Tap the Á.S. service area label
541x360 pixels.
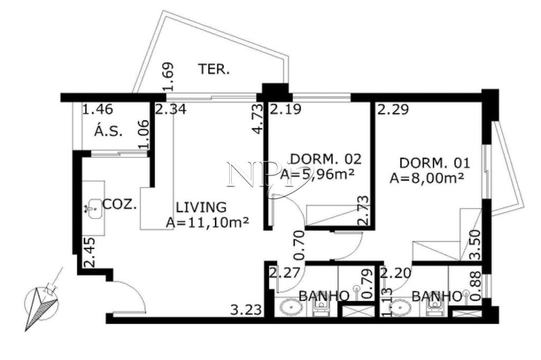(x=108, y=131)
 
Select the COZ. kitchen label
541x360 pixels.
(x=120, y=205)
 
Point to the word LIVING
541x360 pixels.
(x=201, y=207)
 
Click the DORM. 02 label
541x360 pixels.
(x=326, y=159)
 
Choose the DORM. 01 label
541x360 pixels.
(x=435, y=163)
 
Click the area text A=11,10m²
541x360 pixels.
(x=207, y=222)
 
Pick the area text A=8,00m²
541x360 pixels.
(x=426, y=178)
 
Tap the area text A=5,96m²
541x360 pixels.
(x=317, y=175)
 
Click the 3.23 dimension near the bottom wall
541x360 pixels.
(x=246, y=310)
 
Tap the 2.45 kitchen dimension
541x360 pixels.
(x=89, y=252)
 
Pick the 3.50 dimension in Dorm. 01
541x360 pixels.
(x=475, y=245)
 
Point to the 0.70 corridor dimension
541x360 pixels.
(x=299, y=245)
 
